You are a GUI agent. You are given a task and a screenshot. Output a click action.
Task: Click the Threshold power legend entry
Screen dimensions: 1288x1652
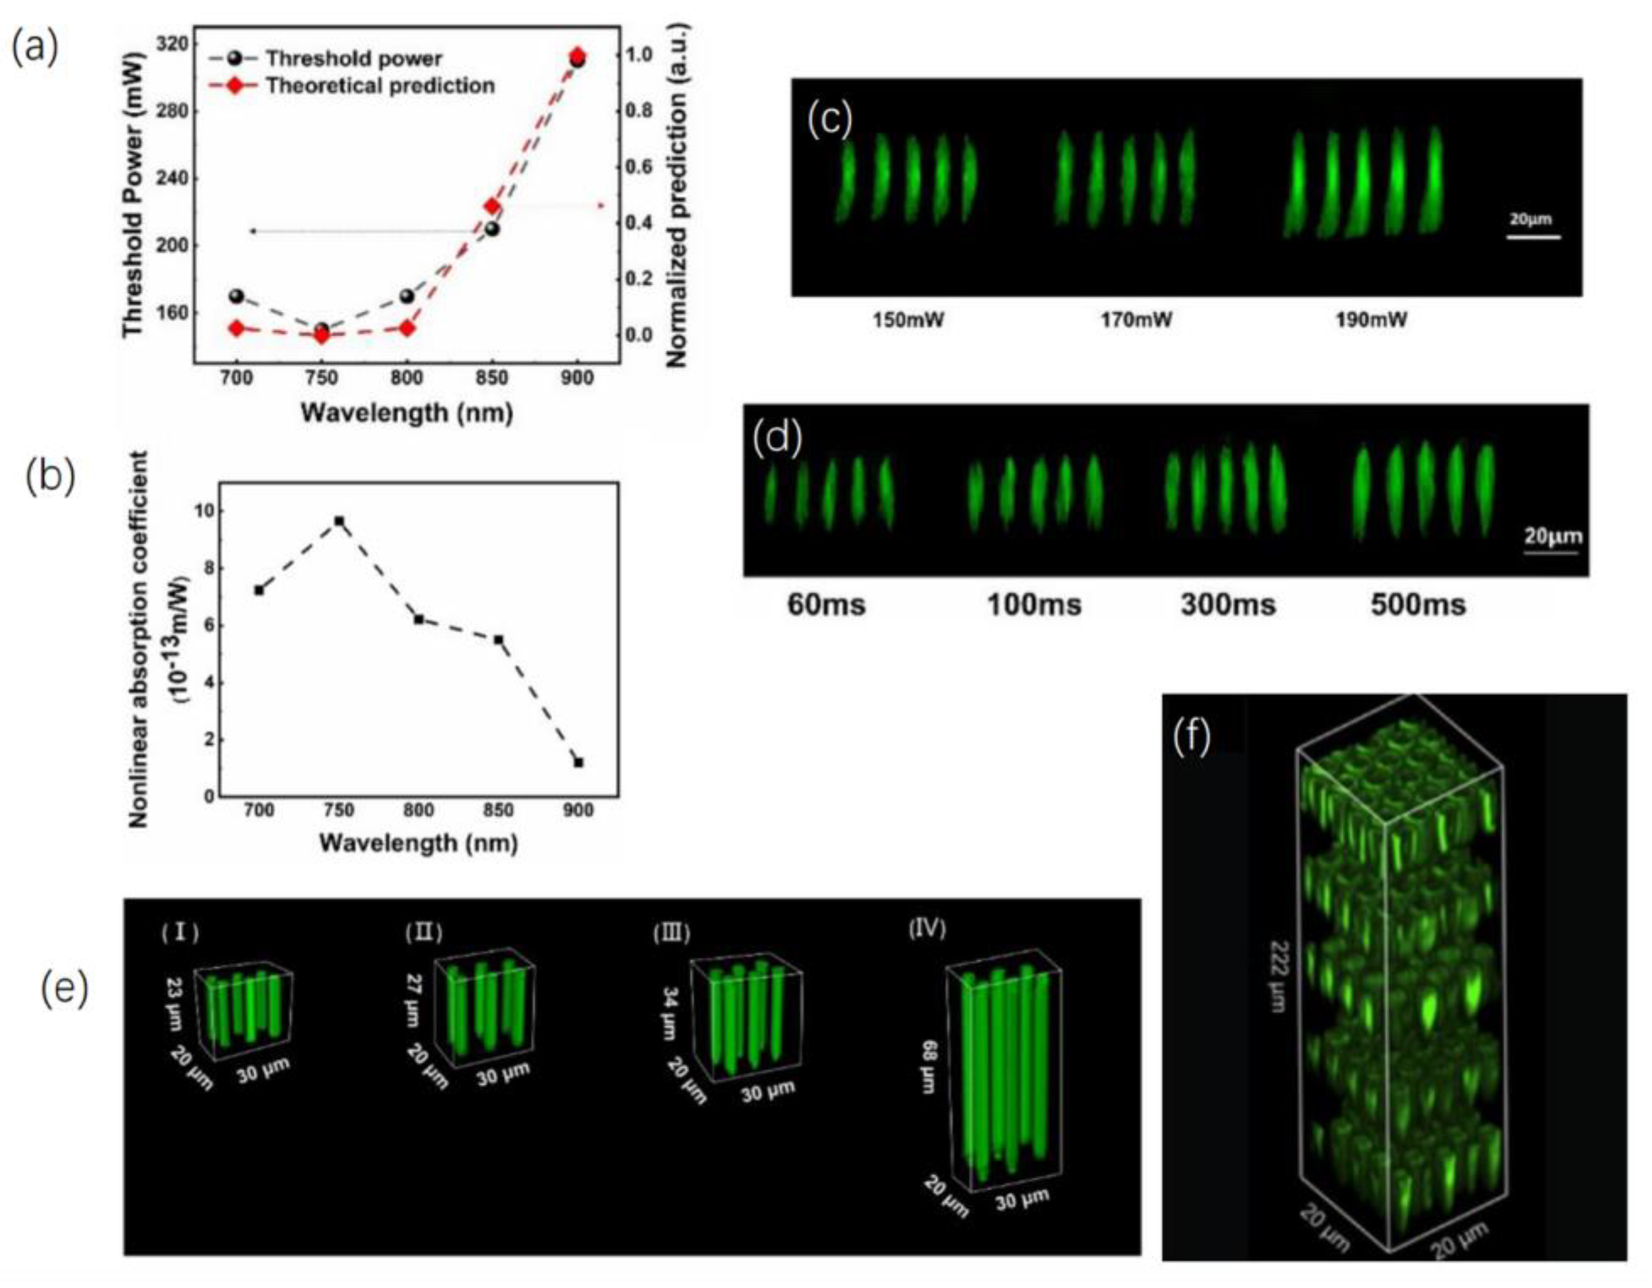point(353,58)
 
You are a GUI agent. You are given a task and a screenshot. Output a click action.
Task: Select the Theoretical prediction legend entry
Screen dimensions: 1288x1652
point(379,86)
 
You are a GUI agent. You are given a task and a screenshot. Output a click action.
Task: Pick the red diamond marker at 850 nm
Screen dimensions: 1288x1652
point(492,206)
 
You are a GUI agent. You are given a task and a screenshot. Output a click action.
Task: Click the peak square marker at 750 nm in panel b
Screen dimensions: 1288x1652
point(339,521)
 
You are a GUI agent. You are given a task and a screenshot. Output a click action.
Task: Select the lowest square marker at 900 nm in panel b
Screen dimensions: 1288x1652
point(579,762)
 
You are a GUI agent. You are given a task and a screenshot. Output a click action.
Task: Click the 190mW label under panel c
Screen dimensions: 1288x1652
point(1371,321)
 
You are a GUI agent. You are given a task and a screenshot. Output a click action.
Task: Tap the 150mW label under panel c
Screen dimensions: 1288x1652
point(908,321)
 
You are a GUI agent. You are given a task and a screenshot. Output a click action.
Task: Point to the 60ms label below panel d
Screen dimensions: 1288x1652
point(826,605)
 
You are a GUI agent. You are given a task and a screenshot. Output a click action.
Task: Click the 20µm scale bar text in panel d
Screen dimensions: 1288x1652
point(1552,537)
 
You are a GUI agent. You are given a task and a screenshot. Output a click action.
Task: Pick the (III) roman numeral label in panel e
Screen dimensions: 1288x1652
point(672,933)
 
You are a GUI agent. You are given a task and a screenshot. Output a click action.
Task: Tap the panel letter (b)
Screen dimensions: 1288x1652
point(51,478)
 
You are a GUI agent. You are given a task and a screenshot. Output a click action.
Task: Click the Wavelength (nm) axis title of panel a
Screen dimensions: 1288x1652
point(407,413)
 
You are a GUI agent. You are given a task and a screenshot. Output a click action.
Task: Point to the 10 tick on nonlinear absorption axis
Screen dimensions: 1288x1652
point(201,511)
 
